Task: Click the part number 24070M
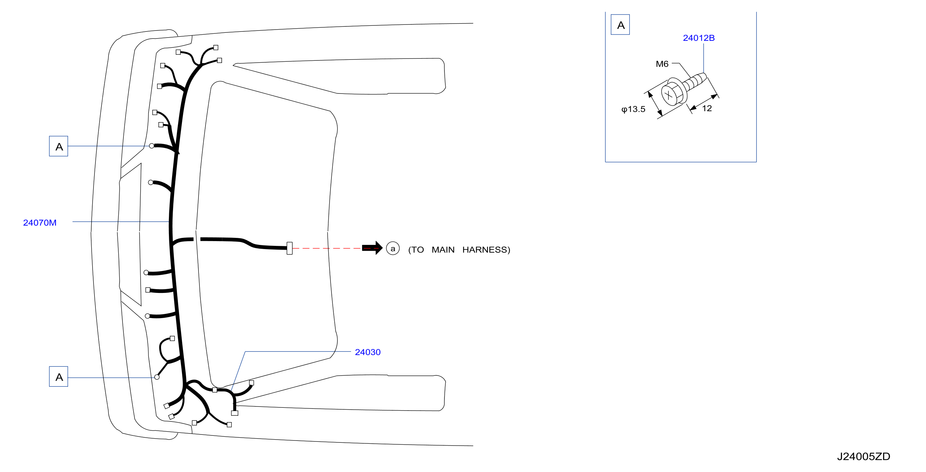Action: click(x=40, y=223)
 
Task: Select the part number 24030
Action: click(x=368, y=352)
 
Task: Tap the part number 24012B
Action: click(x=699, y=38)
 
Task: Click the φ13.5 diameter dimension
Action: click(x=633, y=109)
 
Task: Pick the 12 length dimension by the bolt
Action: click(x=707, y=108)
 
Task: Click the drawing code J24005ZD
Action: click(x=863, y=456)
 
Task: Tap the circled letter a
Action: click(x=393, y=248)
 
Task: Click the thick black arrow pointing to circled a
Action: click(x=372, y=248)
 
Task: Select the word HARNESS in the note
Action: click(x=486, y=250)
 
